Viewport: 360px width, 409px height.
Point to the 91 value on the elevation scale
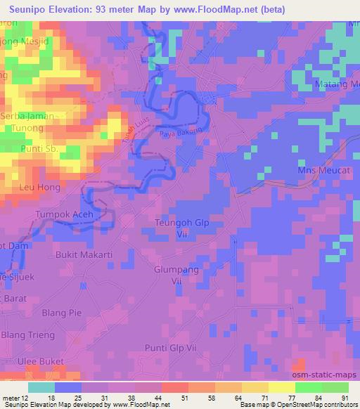point(345,399)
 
